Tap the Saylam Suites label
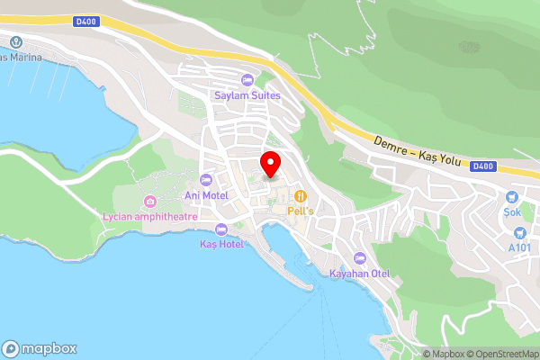click(x=247, y=94)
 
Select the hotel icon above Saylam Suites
click(x=247, y=80)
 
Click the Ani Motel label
click(x=205, y=194)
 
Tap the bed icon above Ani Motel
click(x=206, y=180)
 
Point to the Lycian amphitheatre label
click(x=149, y=216)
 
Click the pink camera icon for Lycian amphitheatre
click(x=149, y=201)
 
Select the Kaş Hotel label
click(x=221, y=244)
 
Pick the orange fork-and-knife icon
click(x=300, y=195)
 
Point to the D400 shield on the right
click(x=483, y=166)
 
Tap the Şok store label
click(x=512, y=211)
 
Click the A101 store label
click(x=519, y=247)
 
